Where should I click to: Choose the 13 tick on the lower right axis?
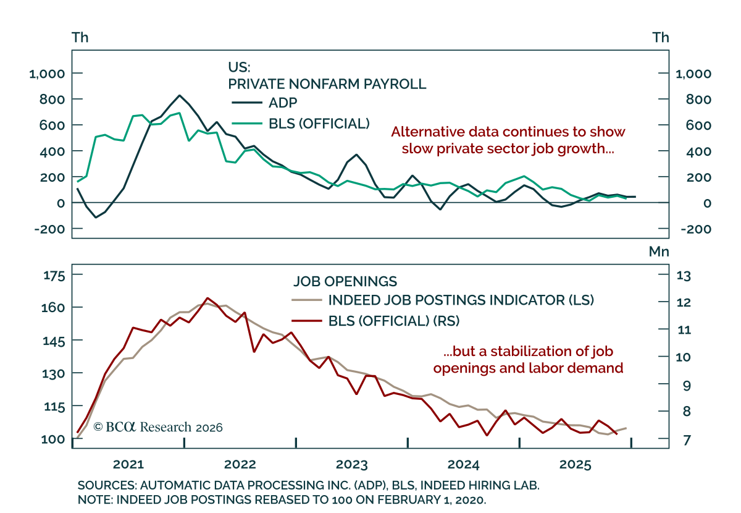point(685,276)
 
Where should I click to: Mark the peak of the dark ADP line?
point(179,96)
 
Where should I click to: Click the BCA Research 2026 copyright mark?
point(157,427)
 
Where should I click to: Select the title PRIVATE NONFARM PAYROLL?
point(327,84)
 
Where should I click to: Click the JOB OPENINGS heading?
point(345,281)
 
